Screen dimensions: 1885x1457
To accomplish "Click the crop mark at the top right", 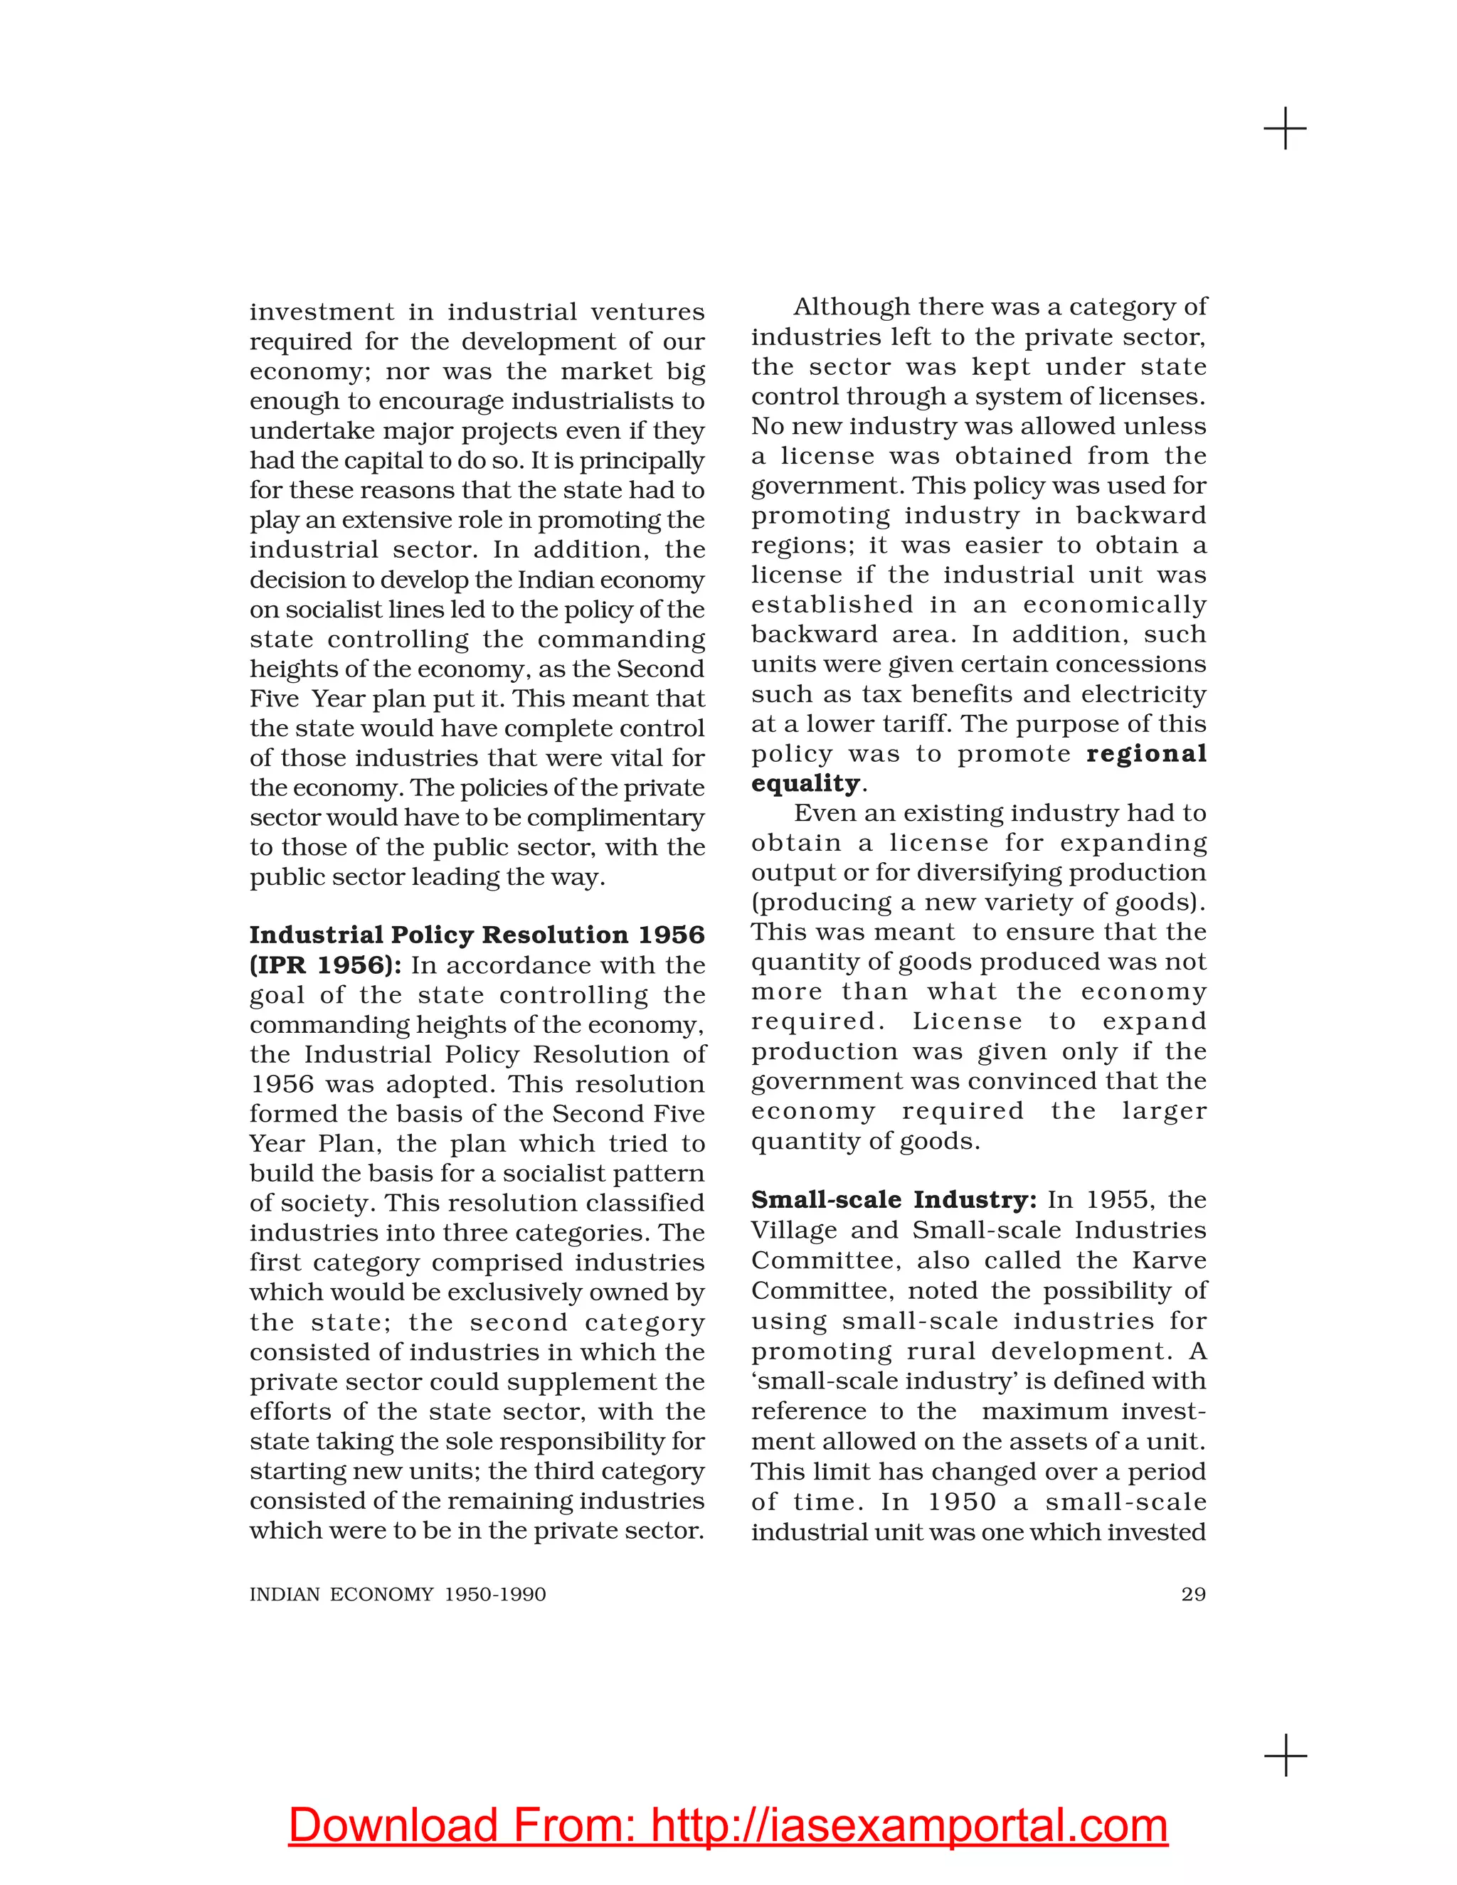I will tap(1286, 129).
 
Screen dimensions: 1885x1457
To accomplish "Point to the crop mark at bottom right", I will tap(1286, 1756).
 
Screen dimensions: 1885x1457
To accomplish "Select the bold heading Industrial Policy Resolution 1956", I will tap(477, 935).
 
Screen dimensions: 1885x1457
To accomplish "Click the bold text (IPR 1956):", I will tap(325, 965).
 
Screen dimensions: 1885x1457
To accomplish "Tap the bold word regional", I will tap(1146, 753).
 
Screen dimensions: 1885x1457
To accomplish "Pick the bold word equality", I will tap(805, 783).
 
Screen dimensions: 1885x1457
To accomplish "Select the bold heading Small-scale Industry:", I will tap(894, 1200).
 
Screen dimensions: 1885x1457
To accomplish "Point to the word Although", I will tap(851, 307).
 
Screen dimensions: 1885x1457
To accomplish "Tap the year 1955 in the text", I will tap(1118, 1200).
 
